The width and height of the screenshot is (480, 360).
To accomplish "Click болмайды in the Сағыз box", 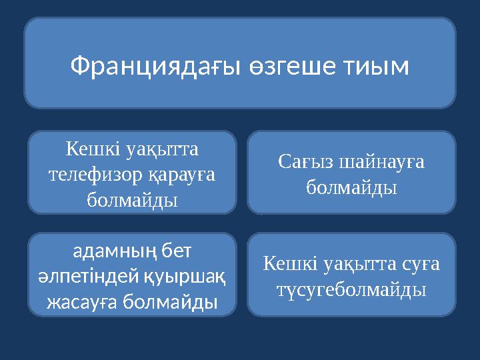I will click(352, 187).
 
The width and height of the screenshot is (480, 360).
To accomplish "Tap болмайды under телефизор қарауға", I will click(132, 199).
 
